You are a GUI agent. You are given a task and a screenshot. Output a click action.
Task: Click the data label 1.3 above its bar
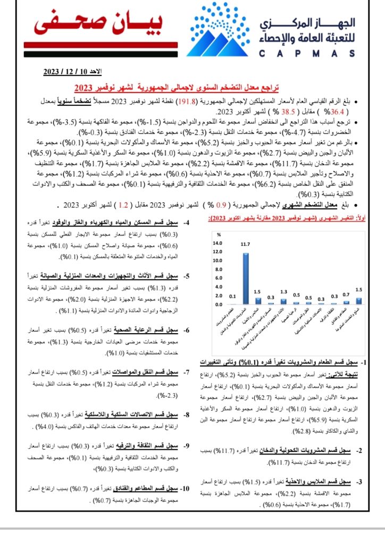click(x=283, y=292)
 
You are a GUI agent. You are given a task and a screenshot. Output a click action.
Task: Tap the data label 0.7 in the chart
click(x=346, y=294)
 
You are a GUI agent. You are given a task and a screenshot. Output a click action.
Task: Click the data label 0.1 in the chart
click(x=233, y=296)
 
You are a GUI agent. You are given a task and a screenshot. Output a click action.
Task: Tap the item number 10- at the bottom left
click(x=185, y=488)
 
